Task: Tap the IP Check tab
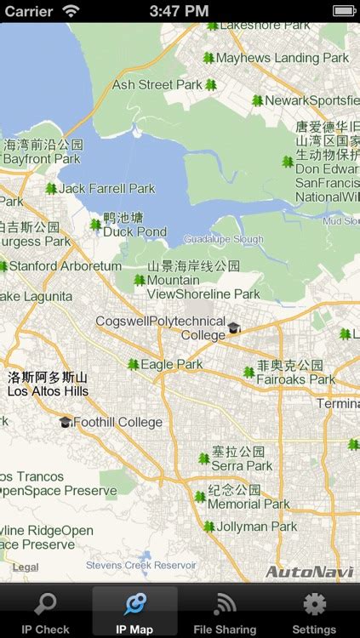tap(45, 612)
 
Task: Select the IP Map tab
tap(134, 612)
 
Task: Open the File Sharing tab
tap(225, 612)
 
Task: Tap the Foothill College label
tap(117, 422)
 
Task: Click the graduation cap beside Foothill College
tap(66, 421)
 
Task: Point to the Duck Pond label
tap(134, 231)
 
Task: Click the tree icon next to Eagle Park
tap(133, 364)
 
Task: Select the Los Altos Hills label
tap(48, 391)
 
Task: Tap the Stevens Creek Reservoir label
tap(141, 565)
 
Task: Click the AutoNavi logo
tap(309, 572)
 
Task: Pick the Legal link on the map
tap(26, 567)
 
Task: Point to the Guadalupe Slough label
tap(224, 239)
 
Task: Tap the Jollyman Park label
tap(258, 527)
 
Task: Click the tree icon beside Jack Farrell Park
tap(51, 189)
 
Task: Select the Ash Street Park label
tap(157, 85)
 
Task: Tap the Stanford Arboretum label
tap(66, 266)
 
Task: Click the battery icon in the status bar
tap(344, 11)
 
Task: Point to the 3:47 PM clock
tap(179, 11)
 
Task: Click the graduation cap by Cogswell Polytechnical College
tap(234, 328)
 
